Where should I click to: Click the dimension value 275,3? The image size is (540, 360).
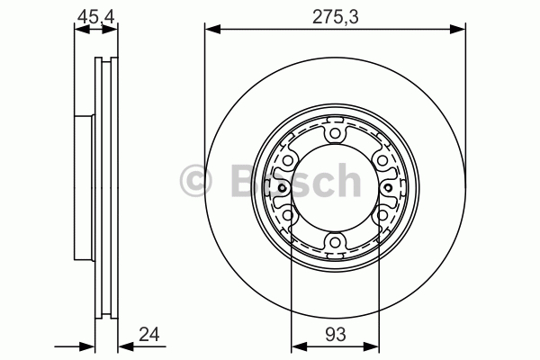click(335, 16)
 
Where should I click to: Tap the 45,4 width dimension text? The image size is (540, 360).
click(95, 16)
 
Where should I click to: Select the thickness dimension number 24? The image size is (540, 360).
click(149, 334)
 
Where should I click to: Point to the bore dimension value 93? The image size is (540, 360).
click(335, 334)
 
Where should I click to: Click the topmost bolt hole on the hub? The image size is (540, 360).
click(335, 133)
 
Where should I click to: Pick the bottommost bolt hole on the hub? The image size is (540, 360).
click(335, 242)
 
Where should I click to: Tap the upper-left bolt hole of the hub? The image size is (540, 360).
click(288, 160)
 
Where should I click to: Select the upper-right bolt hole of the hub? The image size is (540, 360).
click(382, 160)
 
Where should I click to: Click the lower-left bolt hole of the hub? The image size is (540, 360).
click(288, 215)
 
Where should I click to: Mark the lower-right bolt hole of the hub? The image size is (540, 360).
click(382, 215)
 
